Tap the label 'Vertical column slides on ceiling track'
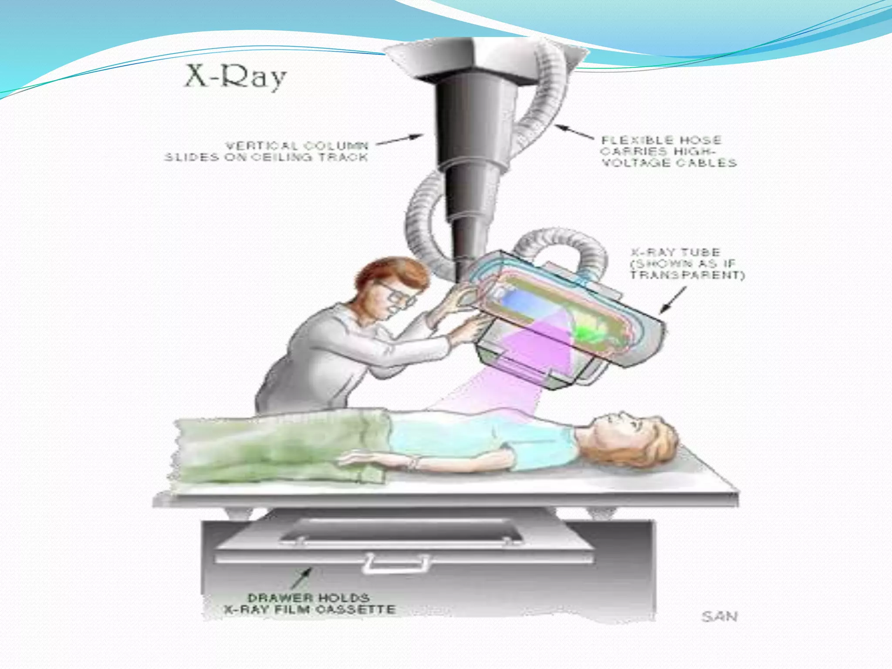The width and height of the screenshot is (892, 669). click(x=267, y=151)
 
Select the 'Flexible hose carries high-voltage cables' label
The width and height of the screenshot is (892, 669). click(x=668, y=152)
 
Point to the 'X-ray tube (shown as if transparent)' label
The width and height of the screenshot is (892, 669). click(x=687, y=264)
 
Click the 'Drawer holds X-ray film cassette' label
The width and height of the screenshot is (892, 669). click(x=309, y=603)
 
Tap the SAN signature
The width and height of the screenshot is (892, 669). click(x=720, y=617)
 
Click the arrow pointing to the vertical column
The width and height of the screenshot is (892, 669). click(x=400, y=139)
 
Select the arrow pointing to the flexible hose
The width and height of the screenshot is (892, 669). click(x=574, y=132)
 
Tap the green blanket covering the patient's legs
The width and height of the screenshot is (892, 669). click(x=279, y=449)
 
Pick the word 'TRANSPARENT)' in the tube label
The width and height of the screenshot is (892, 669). click(x=688, y=275)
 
